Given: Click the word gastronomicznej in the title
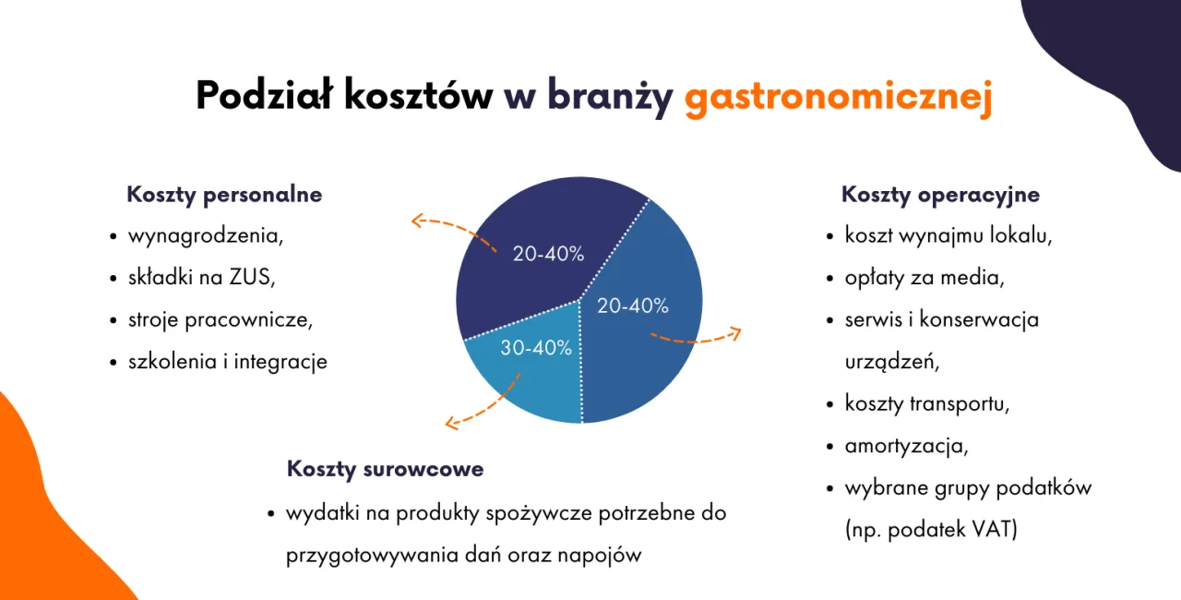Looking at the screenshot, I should tap(838, 97).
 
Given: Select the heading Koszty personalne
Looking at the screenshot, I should tap(224, 195).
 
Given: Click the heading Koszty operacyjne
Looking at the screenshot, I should tap(940, 195).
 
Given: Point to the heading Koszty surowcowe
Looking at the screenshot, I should tap(385, 469).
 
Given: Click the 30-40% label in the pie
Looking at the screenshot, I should tap(536, 348).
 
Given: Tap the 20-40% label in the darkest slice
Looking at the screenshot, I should tap(548, 254).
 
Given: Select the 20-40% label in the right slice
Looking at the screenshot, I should tap(633, 306).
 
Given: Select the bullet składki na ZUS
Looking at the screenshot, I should tap(202, 277).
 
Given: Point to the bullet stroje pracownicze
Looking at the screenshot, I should tap(221, 319).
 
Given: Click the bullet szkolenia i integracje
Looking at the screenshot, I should tap(227, 362).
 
